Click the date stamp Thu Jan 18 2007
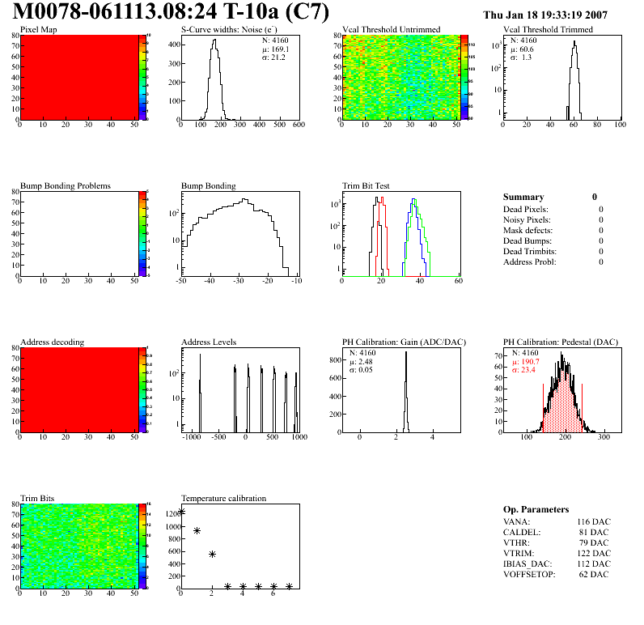[556, 15]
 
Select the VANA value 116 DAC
[594, 522]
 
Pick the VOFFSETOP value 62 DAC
[596, 574]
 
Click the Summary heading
[523, 197]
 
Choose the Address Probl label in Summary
[530, 261]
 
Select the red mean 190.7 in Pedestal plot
[527, 362]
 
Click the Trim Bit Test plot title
[366, 185]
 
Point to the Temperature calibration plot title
[223, 498]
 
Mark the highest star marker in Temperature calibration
[182, 512]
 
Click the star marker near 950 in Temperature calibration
[197, 530]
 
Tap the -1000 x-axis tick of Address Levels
[191, 436]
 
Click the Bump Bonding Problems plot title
[65, 185]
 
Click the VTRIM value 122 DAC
[594, 554]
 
